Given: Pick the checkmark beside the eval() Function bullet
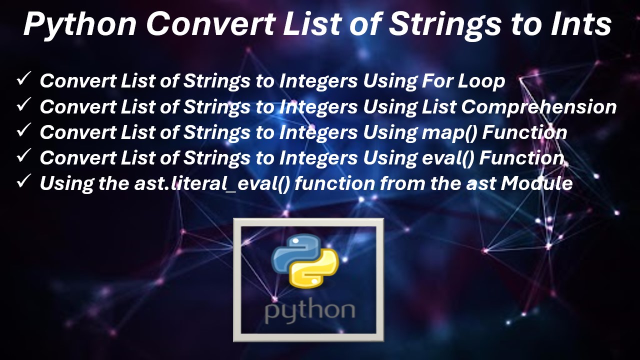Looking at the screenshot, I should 24,157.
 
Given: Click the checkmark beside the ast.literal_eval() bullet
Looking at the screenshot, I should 24,182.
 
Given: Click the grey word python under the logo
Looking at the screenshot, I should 309,311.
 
